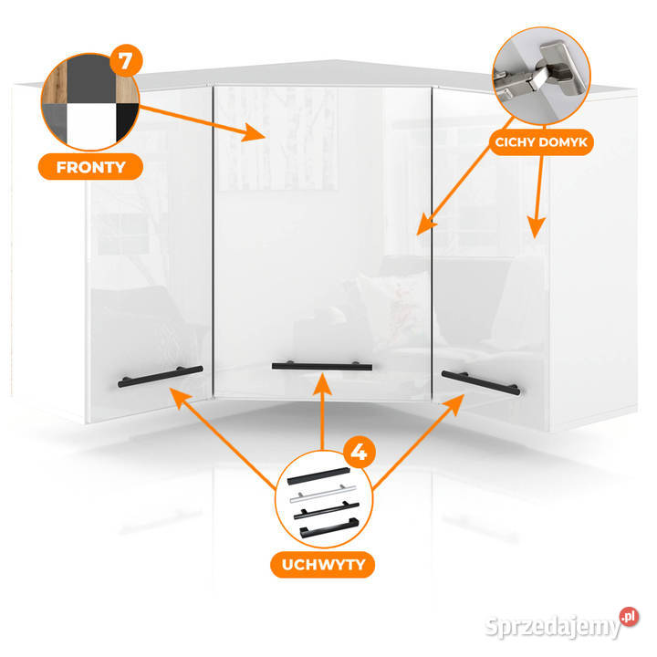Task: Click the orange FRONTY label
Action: tap(90, 167)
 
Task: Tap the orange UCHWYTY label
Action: tap(323, 565)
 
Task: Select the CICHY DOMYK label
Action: tap(541, 142)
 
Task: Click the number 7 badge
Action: tap(126, 61)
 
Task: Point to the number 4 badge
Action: tap(359, 452)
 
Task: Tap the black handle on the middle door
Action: tap(322, 366)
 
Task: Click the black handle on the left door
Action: tap(160, 376)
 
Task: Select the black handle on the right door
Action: tap(481, 382)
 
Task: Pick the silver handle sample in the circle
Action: tap(323, 493)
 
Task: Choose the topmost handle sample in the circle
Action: tap(318, 476)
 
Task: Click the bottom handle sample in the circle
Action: tap(328, 528)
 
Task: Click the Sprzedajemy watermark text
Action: tap(552, 627)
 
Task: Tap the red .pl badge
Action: tap(629, 617)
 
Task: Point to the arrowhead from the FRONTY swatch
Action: tap(254, 132)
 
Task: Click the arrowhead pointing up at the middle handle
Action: tap(322, 385)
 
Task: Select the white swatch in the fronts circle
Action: tap(91, 126)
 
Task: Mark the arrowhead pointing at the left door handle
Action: tap(180, 398)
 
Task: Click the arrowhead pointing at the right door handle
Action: tap(454, 404)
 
